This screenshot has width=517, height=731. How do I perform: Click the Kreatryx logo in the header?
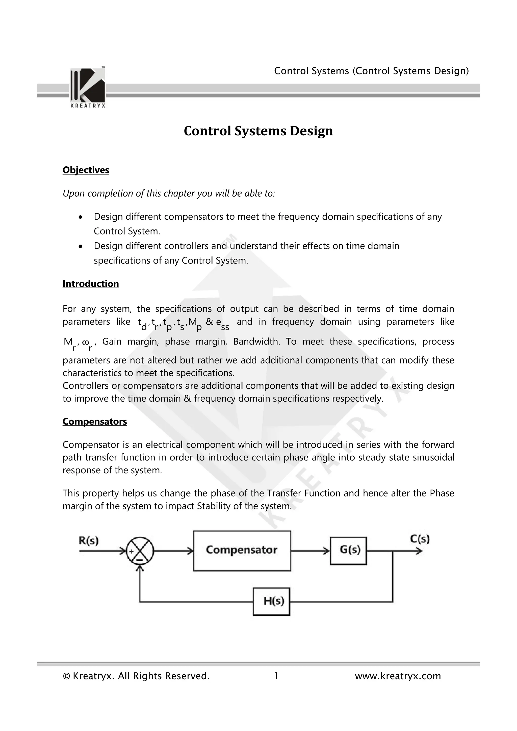click(x=88, y=87)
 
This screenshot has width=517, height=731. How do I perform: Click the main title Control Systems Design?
click(x=258, y=131)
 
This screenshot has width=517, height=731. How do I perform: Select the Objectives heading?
click(x=86, y=170)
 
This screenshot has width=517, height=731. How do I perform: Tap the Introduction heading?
click(x=91, y=284)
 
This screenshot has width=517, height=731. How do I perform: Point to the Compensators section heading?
click(x=95, y=421)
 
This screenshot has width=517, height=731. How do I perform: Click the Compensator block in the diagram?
click(x=242, y=551)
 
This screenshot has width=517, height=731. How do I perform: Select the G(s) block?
click(x=348, y=551)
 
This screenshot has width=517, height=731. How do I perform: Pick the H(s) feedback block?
click(x=271, y=601)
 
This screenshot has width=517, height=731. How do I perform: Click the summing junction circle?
click(x=140, y=551)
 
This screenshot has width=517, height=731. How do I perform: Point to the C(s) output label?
click(x=420, y=539)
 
